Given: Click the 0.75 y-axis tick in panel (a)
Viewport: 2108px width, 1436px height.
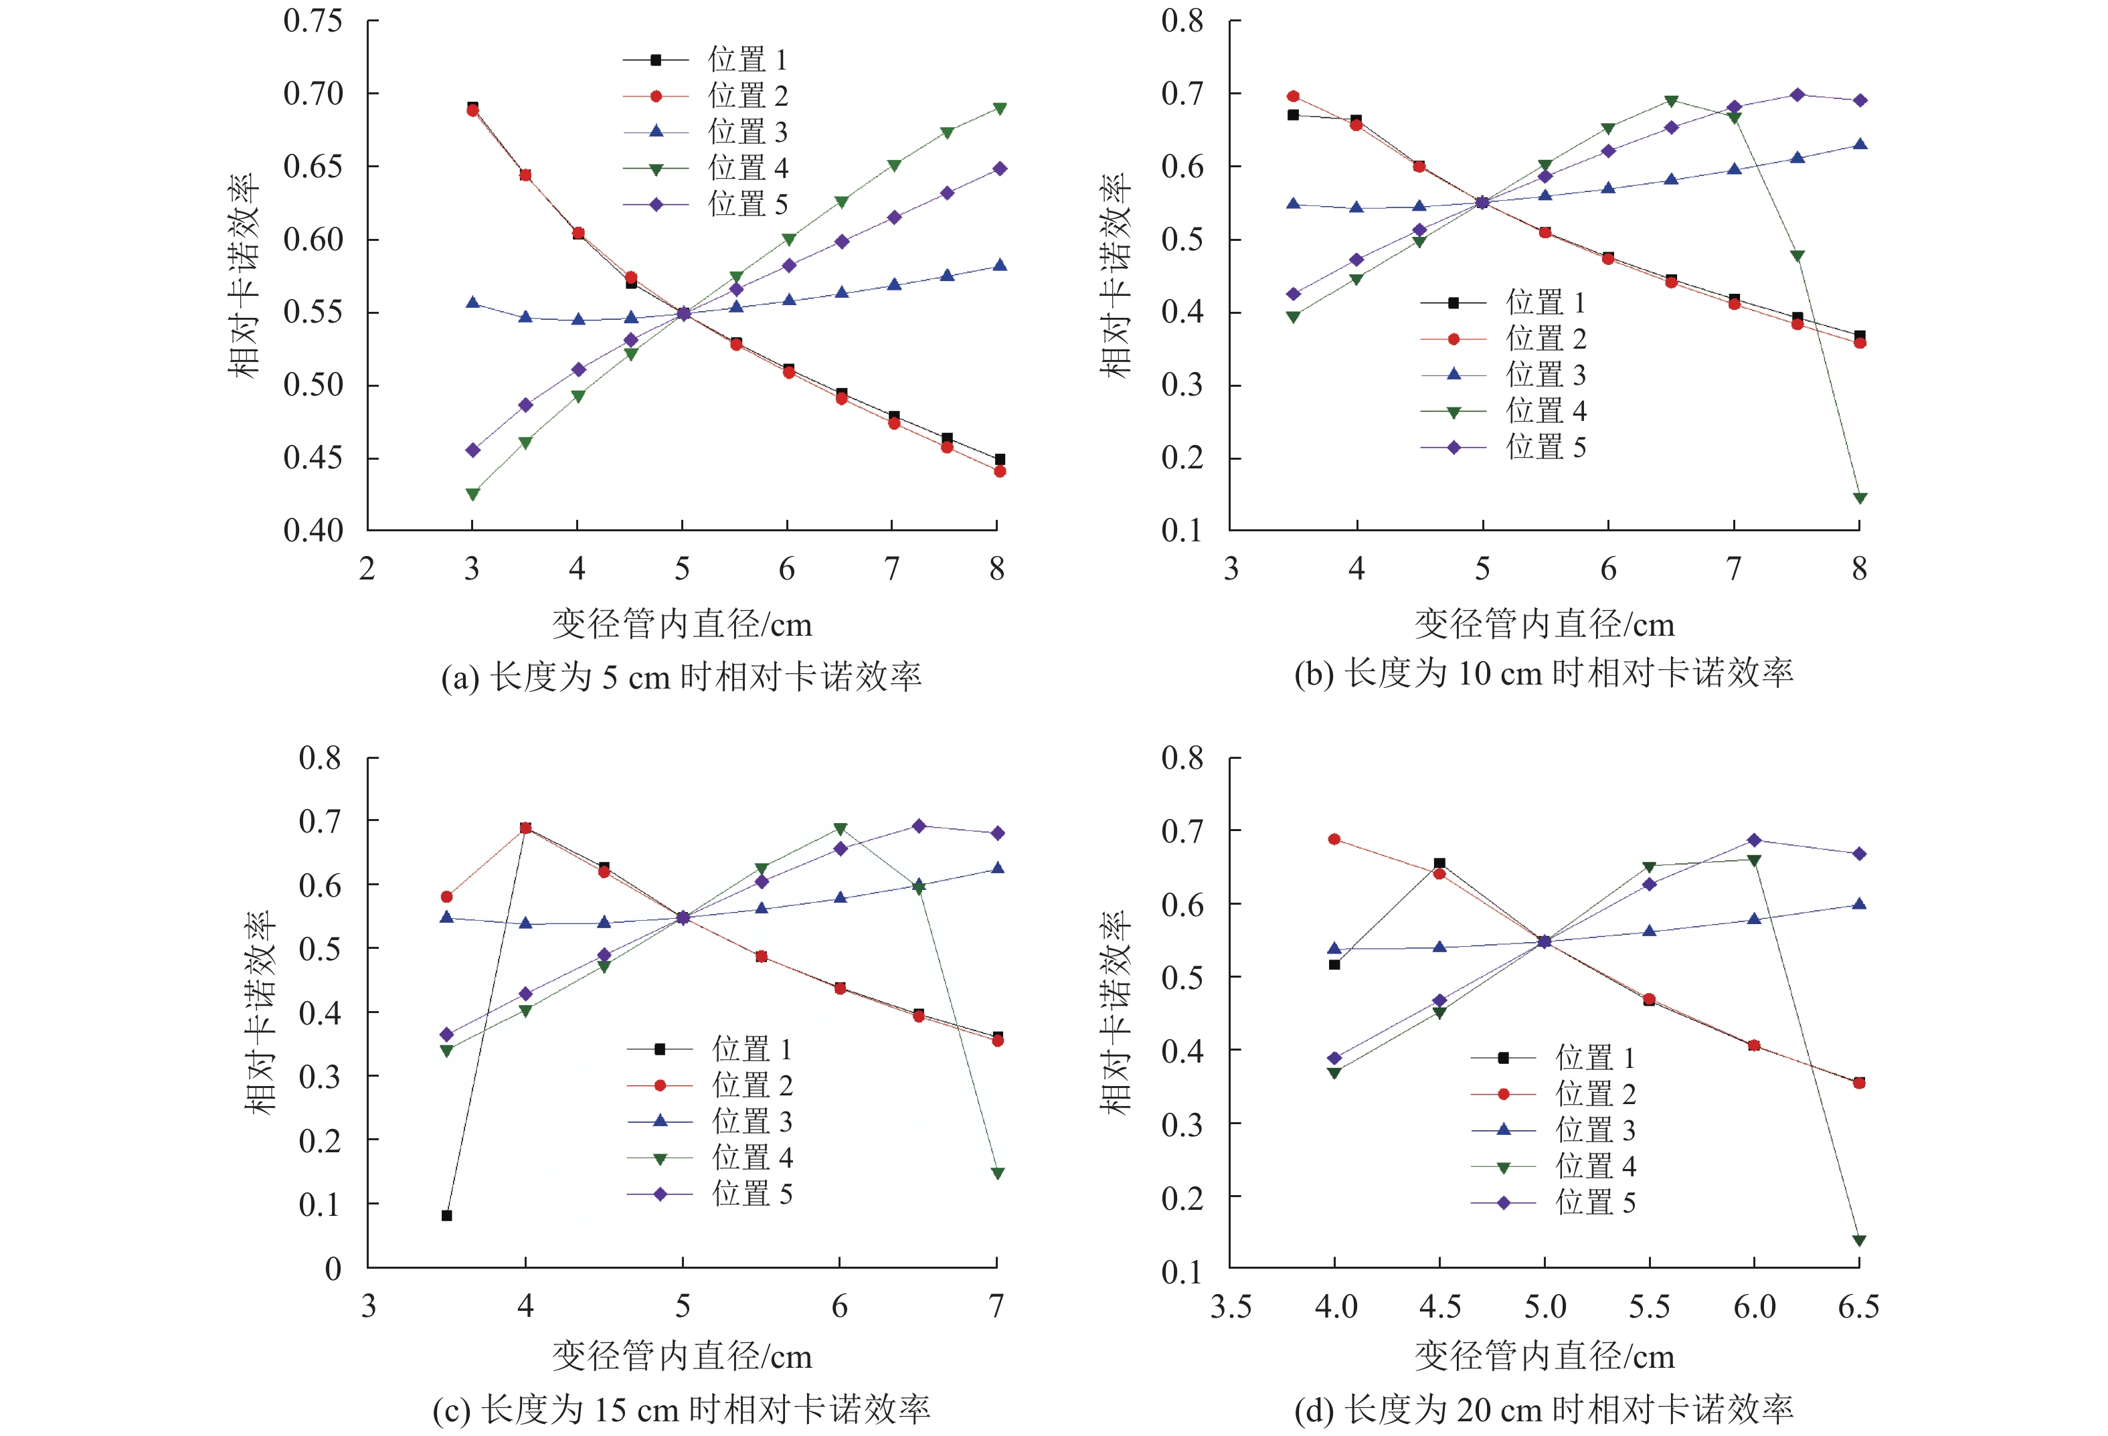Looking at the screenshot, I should [313, 21].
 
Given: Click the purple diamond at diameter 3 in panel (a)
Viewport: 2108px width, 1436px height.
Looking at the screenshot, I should [472, 450].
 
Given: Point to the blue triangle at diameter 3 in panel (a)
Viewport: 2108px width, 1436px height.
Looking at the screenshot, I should [472, 303].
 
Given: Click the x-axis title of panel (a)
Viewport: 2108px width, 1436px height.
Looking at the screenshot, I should [682, 624].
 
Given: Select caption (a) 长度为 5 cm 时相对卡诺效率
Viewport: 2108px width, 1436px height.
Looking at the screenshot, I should [681, 677].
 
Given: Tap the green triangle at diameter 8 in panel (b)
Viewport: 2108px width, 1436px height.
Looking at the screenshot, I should [1860, 498].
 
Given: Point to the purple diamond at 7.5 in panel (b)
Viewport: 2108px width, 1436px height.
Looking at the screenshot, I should [1797, 95].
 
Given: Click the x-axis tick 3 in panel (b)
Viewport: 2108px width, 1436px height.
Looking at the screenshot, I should [1231, 569].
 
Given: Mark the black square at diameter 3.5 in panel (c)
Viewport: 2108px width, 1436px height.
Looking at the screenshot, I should [446, 1216].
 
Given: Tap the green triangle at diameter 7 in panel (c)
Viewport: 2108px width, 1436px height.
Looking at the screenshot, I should [998, 1174].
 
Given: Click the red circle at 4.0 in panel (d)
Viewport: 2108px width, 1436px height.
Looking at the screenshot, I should [1334, 839].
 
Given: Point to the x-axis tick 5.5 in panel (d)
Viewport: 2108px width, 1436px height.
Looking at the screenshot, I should [1649, 1306].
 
